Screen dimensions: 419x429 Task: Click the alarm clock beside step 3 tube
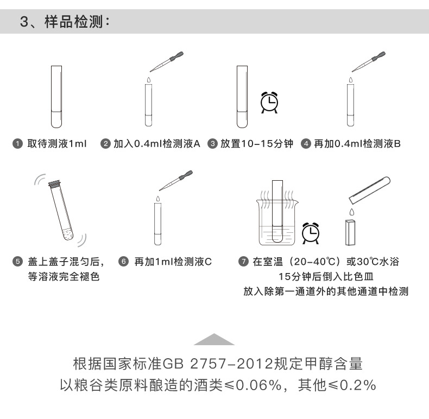269,101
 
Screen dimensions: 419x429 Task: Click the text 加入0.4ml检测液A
156,144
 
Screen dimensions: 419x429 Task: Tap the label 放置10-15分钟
257,144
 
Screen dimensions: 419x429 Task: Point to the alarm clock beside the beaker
311,232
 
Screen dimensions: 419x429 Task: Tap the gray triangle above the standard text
214,340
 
